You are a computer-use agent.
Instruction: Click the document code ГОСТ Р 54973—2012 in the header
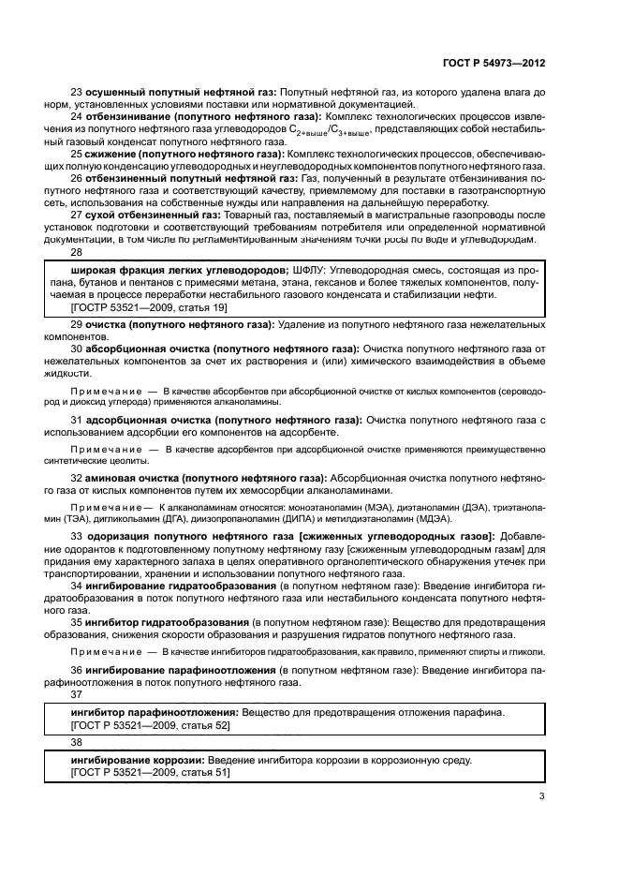494,63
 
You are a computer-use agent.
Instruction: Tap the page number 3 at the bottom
541,796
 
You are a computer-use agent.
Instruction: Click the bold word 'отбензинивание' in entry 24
128,117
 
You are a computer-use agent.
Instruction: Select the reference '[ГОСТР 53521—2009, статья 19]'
135,307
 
